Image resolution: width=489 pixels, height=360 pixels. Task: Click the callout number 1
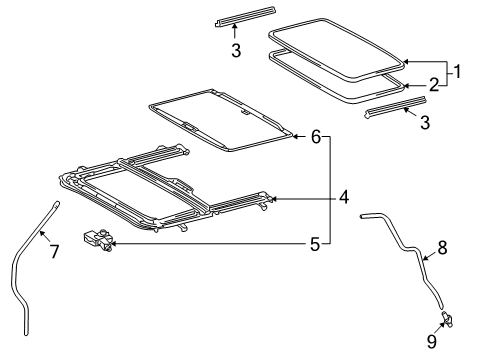coord(457,71)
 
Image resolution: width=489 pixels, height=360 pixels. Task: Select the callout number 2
coord(434,85)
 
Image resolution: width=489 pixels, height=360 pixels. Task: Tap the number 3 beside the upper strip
coord(236,51)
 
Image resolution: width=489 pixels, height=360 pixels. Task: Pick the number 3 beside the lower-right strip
coord(425,122)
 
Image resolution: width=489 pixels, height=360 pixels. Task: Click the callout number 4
coord(344,197)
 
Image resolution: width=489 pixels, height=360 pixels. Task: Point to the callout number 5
coord(315,244)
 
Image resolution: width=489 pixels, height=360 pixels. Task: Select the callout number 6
coord(316,136)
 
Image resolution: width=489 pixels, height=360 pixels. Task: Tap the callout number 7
coord(54,251)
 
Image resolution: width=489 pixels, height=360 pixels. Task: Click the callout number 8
coord(442,248)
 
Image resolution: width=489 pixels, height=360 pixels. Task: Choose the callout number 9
coord(432,341)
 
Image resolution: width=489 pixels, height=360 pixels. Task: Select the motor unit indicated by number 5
coord(97,240)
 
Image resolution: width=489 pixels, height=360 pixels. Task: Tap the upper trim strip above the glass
coord(245,16)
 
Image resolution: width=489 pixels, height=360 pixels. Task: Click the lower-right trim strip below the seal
coord(396,107)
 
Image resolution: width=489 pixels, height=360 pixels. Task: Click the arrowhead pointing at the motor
coord(114,244)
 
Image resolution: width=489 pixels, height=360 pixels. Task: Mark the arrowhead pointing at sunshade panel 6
coord(295,136)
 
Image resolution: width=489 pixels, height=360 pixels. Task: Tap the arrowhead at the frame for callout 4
coord(275,199)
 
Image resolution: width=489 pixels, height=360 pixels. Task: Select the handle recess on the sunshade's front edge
coord(190,126)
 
